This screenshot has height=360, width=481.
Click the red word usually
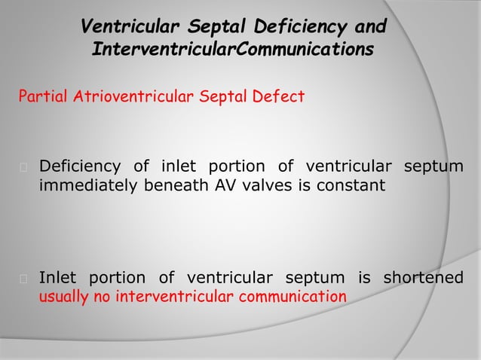[64, 296]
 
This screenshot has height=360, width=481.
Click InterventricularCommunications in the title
[231, 50]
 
